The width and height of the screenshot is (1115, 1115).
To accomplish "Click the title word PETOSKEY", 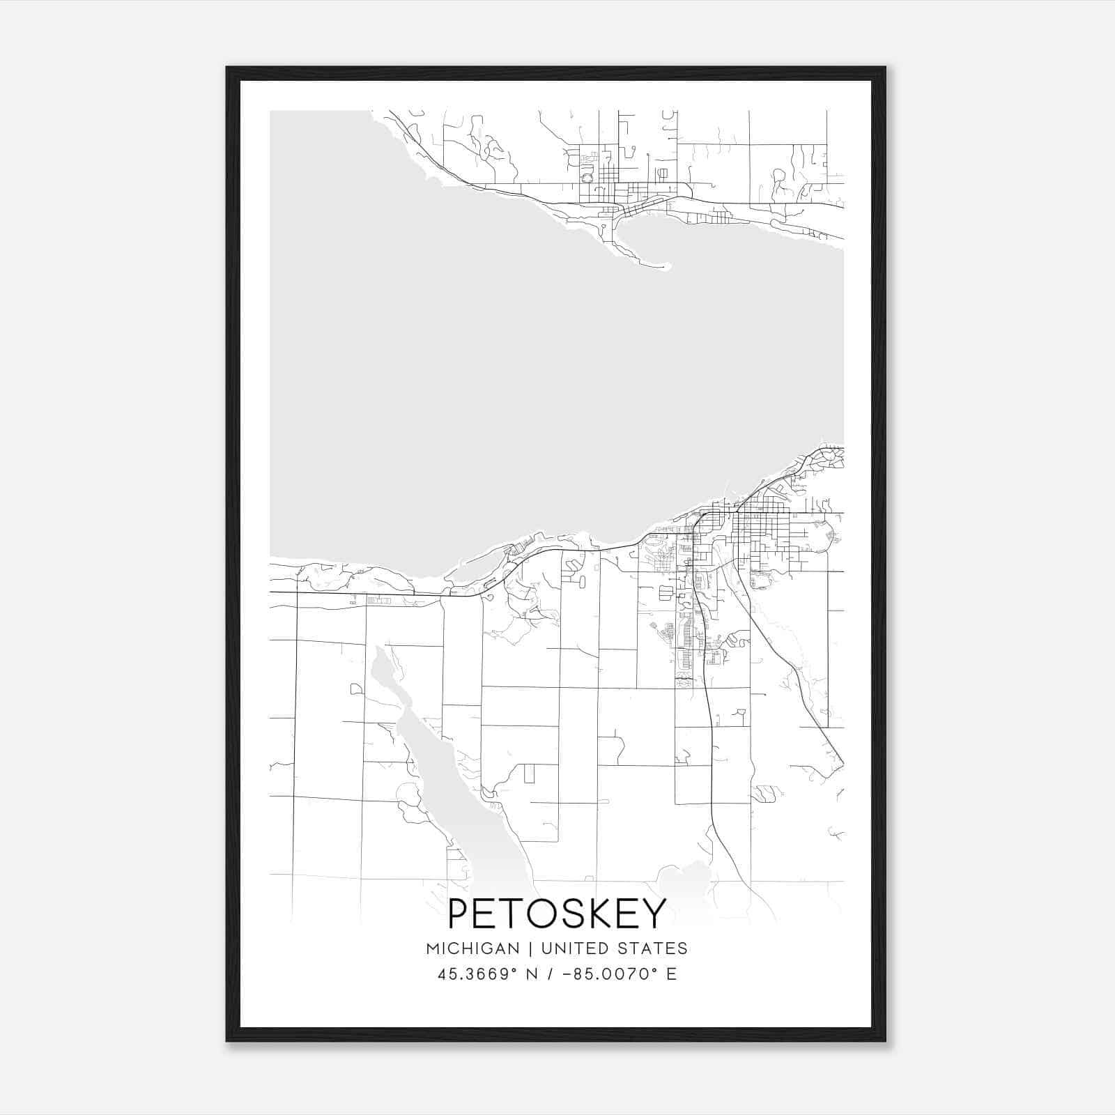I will (x=557, y=914).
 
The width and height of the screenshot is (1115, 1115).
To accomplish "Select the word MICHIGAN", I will (x=472, y=948).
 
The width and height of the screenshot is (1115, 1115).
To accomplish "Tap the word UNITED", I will (x=571, y=948).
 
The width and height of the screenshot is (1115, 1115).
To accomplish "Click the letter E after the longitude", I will (x=672, y=974).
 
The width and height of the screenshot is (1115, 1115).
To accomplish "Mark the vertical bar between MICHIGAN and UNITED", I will (x=530, y=948).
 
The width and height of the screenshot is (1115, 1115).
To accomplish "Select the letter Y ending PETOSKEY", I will (x=654, y=914).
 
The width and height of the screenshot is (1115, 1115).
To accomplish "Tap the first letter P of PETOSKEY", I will (x=459, y=914).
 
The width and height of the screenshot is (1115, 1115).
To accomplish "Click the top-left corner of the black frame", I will (x=228, y=68).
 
